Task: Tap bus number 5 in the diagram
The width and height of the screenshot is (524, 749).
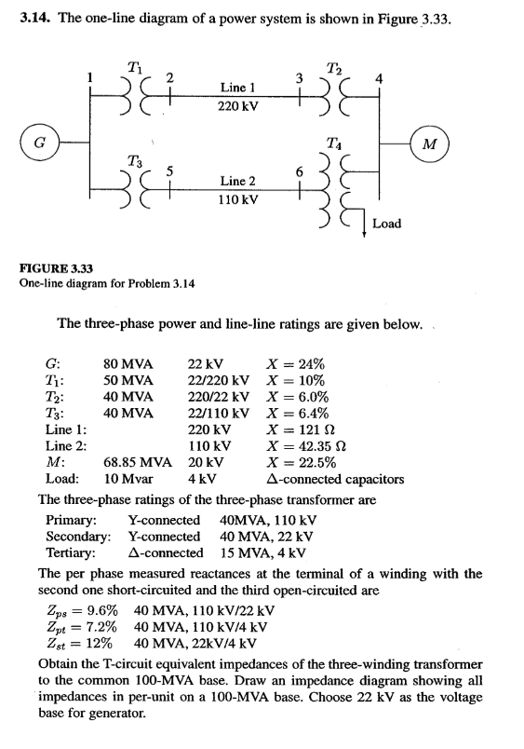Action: coord(168,170)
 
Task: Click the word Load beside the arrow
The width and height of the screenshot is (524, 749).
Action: coord(386,224)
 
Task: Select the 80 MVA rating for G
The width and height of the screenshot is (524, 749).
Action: coord(128,365)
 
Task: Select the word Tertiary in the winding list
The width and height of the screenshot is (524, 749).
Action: coord(72,553)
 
